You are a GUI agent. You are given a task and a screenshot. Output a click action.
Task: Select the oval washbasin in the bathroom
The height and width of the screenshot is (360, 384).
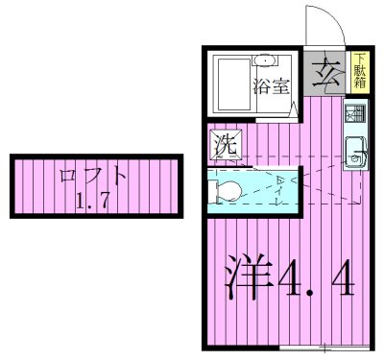pyautogui.click(x=264, y=61)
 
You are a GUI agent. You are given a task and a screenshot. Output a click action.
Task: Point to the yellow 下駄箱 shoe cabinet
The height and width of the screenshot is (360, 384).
pyautogui.click(x=358, y=72)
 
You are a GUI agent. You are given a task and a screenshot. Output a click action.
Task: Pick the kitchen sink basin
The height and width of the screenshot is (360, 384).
pyautogui.click(x=353, y=152)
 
